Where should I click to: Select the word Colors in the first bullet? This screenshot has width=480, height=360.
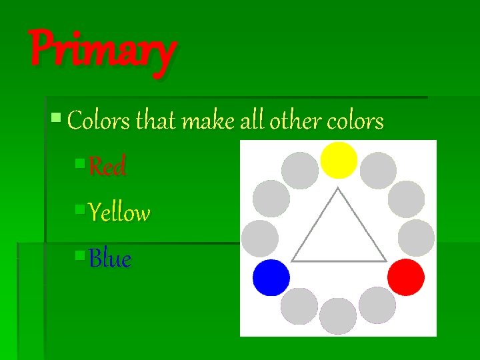click(99, 121)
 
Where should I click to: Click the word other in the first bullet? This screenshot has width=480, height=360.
click(295, 121)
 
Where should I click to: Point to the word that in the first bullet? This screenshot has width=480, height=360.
click(155, 121)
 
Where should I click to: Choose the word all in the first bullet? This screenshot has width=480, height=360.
click(253, 121)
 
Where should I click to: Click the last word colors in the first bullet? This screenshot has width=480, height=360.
click(355, 122)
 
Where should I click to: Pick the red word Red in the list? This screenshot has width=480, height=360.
click(107, 167)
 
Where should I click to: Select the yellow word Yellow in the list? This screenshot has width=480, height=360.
click(119, 213)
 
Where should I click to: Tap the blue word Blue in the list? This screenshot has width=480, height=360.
click(110, 259)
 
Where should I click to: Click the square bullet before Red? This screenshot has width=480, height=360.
click(80, 162)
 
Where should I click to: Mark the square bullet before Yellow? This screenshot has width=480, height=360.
click(80, 209)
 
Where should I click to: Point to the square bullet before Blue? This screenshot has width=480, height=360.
click(80, 254)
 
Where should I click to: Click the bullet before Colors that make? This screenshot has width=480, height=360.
click(56, 118)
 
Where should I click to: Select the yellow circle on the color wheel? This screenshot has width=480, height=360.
click(339, 160)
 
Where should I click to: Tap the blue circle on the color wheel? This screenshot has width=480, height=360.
click(271, 277)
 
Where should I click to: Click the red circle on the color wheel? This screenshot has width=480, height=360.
click(406, 277)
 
